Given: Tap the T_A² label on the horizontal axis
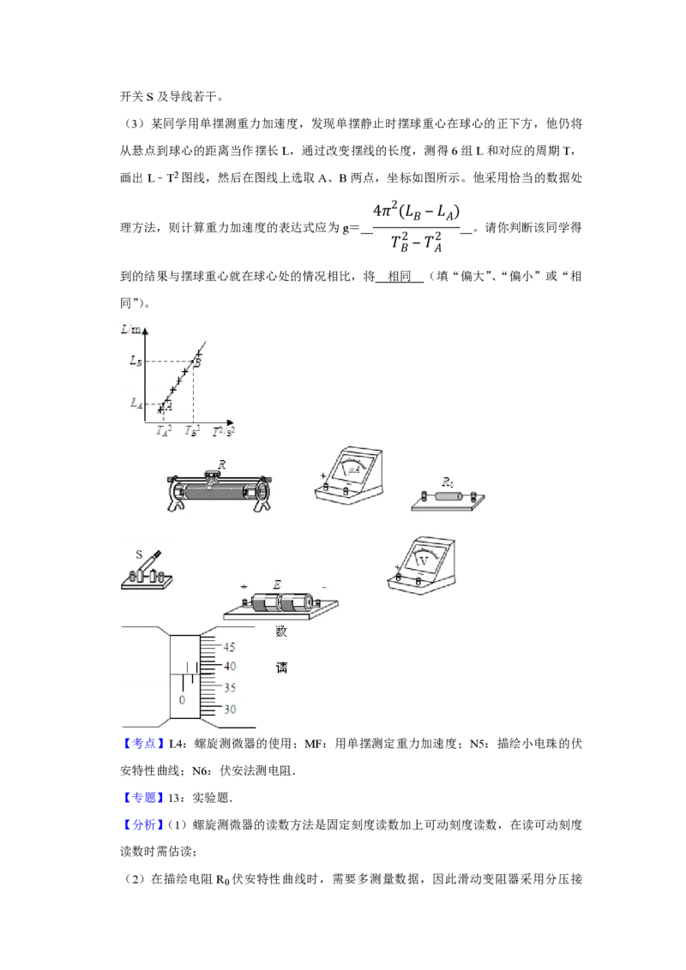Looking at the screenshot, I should point(163,431).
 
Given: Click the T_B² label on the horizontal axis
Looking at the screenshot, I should point(193,431).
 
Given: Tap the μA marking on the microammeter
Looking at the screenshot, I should point(353,470).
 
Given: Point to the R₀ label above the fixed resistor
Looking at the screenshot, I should point(447,482).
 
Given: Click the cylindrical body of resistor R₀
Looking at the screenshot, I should point(447,497).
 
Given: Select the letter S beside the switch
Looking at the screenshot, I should point(140,554).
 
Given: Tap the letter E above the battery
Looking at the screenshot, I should point(277,585).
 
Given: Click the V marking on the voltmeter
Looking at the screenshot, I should point(423,560).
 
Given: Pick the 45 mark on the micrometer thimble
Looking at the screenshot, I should point(230,647).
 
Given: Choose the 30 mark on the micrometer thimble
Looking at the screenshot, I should point(230,710).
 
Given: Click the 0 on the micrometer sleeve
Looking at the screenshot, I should point(182,700).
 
